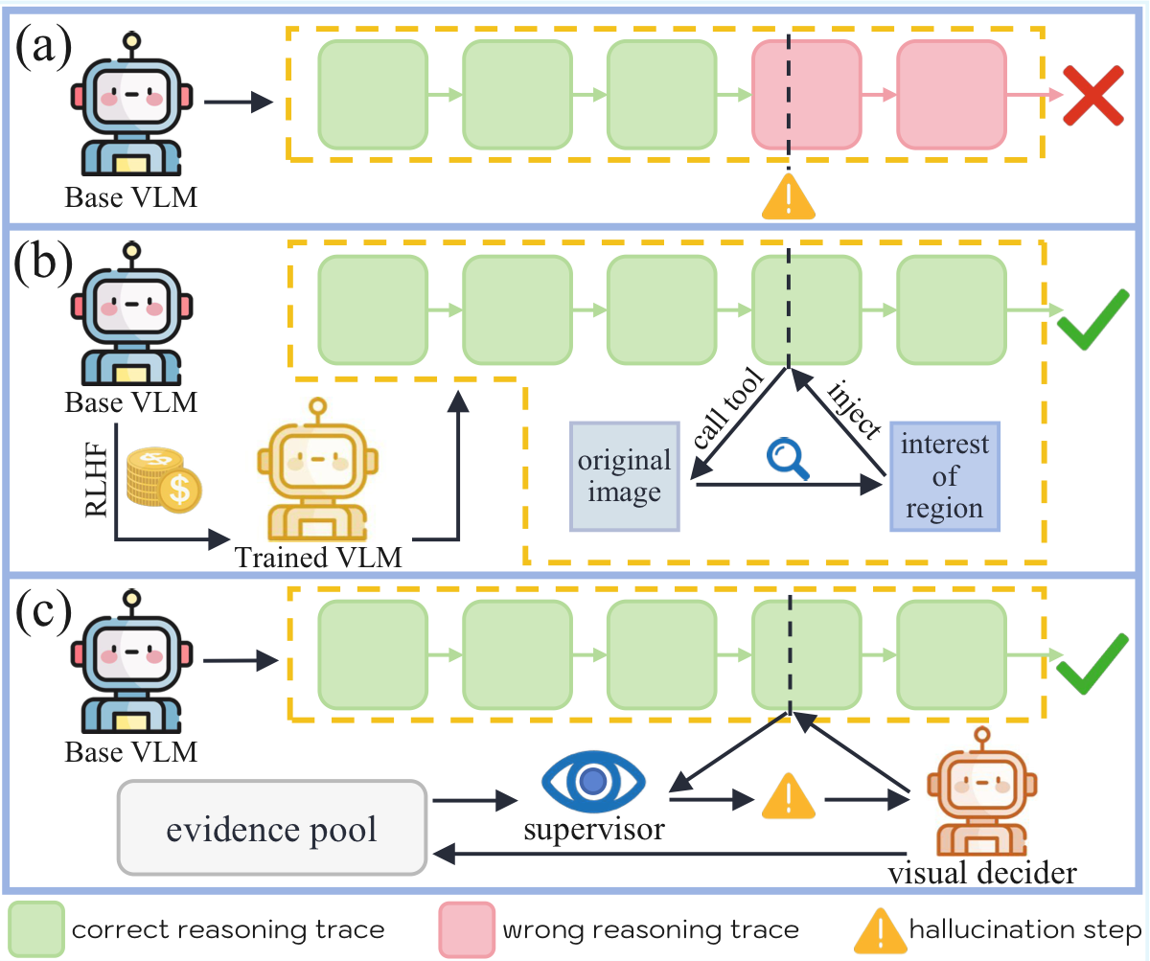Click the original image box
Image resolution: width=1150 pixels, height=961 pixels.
[625, 476]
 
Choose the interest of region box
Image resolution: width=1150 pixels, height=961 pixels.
[944, 476]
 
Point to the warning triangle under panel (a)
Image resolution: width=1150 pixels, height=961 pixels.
[788, 196]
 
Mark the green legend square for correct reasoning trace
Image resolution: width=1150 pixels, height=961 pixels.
[37, 929]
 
